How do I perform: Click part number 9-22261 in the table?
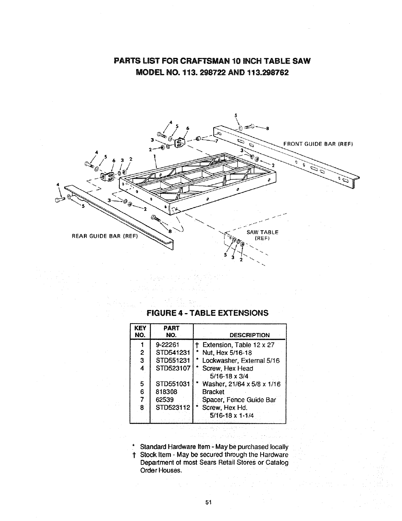[x=167, y=345]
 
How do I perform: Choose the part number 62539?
[x=165, y=400]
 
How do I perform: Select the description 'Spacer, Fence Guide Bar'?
[x=239, y=400]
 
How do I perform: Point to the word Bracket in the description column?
[x=213, y=392]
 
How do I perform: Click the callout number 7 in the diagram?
[x=216, y=142]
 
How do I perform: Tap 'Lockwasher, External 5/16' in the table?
[x=241, y=360]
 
